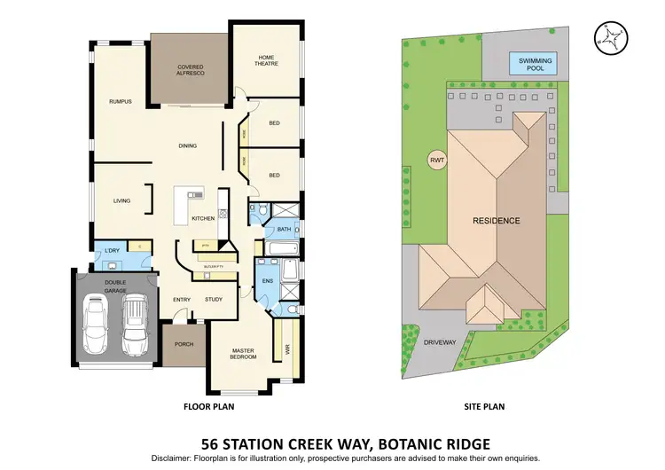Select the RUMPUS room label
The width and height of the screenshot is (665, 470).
click(120, 102)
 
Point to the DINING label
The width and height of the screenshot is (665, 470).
click(187, 146)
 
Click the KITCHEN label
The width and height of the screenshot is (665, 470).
click(203, 217)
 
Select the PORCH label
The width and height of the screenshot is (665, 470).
click(184, 344)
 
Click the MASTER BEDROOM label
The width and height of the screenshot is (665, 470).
click(243, 353)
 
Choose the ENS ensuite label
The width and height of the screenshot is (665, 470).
click(269, 281)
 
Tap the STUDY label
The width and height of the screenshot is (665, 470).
click(214, 299)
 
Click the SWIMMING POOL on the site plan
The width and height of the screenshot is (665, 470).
click(534, 64)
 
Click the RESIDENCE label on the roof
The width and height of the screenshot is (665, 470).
click(496, 220)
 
